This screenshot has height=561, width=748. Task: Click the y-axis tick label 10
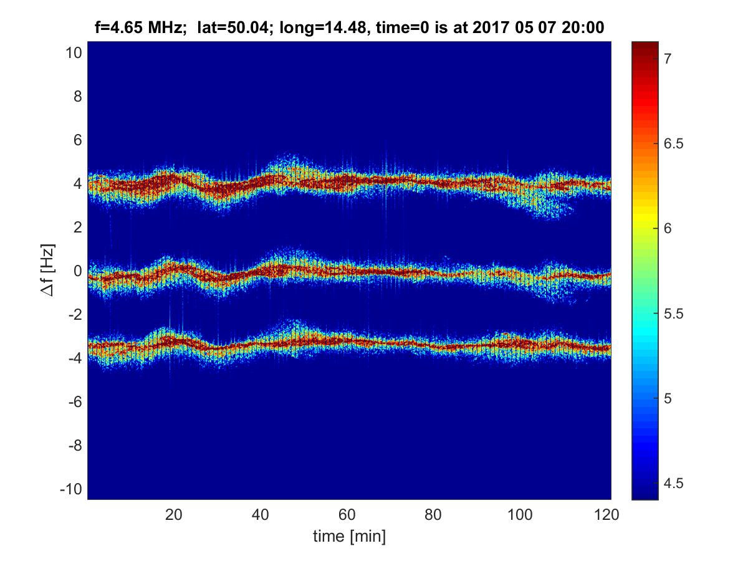tap(73, 53)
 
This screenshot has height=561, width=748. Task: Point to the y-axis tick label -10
tap(70, 489)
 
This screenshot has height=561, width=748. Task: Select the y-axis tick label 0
tap(77, 271)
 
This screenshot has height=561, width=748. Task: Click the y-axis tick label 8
tap(77, 97)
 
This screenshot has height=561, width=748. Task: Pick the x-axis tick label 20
tap(174, 515)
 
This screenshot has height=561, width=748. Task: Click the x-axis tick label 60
tap(347, 515)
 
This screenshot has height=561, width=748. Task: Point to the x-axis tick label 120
tap(607, 515)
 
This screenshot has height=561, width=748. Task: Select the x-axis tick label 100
tap(520, 515)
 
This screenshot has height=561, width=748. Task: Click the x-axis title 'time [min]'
tap(349, 536)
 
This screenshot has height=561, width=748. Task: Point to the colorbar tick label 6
tap(667, 229)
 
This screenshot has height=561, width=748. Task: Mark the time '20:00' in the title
tap(585, 27)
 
